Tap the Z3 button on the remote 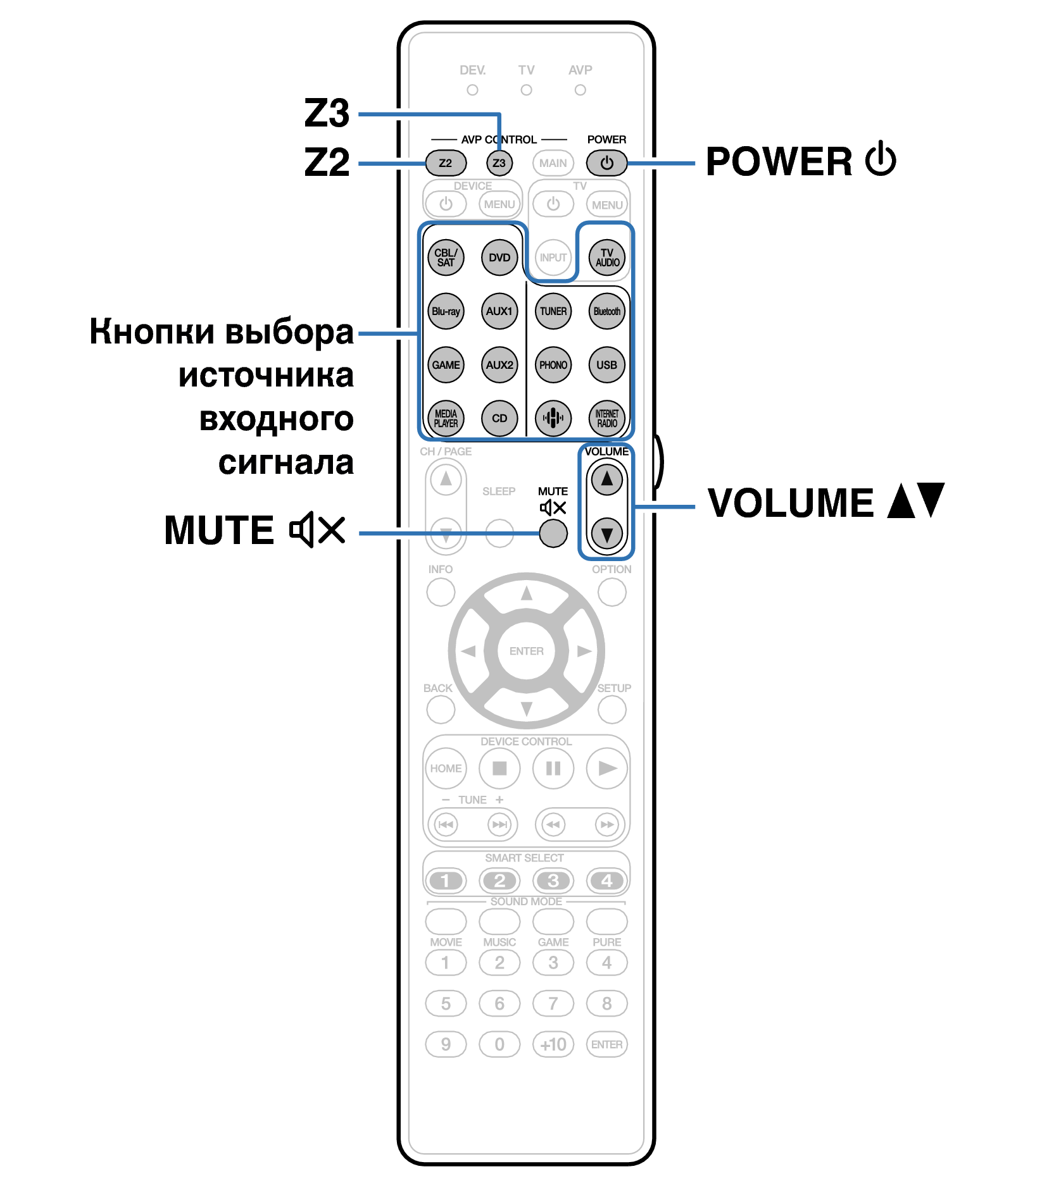click(499, 163)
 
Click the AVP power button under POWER click(606, 163)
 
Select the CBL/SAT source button click(446, 257)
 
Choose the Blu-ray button click(446, 311)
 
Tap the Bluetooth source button click(606, 311)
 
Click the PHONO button click(553, 365)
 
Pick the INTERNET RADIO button click(606, 418)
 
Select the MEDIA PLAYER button click(446, 418)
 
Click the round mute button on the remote click(553, 533)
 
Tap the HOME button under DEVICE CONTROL click(446, 769)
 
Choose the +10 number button click(553, 1044)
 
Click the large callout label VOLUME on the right click(791, 504)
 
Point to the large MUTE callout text click(219, 530)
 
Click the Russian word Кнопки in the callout click(151, 331)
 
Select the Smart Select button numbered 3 click(553, 881)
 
